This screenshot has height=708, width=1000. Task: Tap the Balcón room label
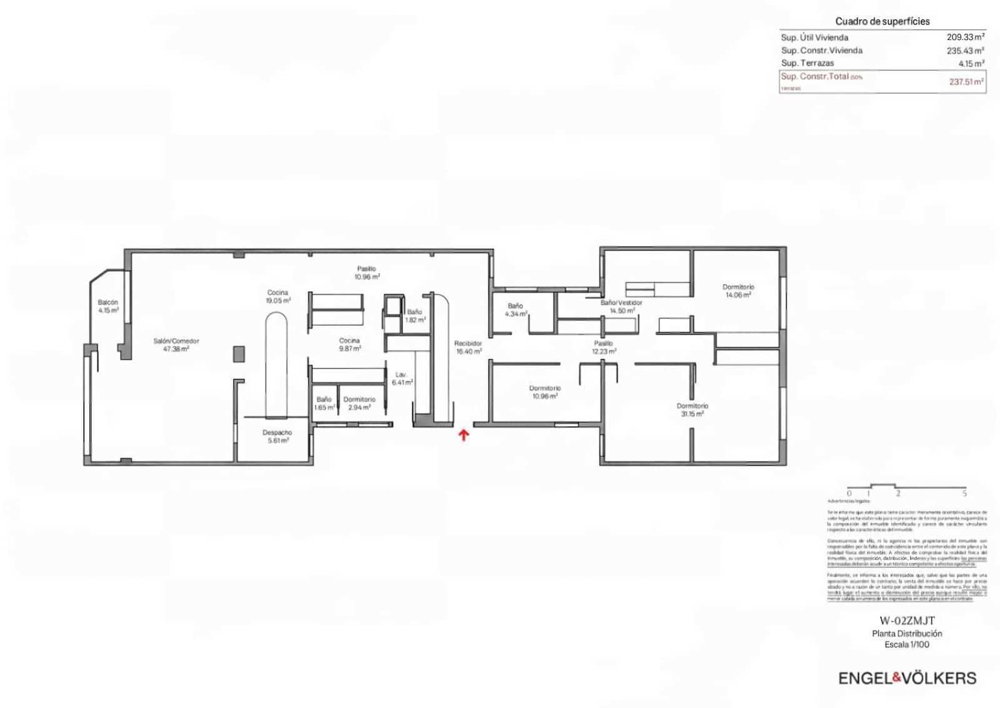pos(107,306)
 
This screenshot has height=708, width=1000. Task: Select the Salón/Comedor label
pos(176,345)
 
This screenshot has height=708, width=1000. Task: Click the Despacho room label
pos(277,436)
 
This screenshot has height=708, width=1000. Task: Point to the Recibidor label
pos(468,347)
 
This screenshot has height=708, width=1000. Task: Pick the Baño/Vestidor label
pos(621,306)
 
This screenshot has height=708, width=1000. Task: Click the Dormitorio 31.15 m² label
pos(692,410)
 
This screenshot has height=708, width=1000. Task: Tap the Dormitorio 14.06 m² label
pos(738,291)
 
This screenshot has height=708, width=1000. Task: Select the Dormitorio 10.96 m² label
pos(545,392)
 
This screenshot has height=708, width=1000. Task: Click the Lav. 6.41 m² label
pos(401,378)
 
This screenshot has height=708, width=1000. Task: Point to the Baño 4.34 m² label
pos(516,310)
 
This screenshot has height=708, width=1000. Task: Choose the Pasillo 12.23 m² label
pos(604,347)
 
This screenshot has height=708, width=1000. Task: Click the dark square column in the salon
pos(239,354)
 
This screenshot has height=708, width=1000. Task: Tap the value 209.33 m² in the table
pos(965,38)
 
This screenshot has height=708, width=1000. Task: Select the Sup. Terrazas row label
pos(807,63)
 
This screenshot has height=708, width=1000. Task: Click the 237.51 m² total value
pos(966,81)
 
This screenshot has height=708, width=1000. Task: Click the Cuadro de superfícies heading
pos(882,21)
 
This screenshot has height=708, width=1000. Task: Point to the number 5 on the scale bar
pos(964,493)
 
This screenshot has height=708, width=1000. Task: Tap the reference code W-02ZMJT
pos(907,621)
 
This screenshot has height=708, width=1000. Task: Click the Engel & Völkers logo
pos(907,678)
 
